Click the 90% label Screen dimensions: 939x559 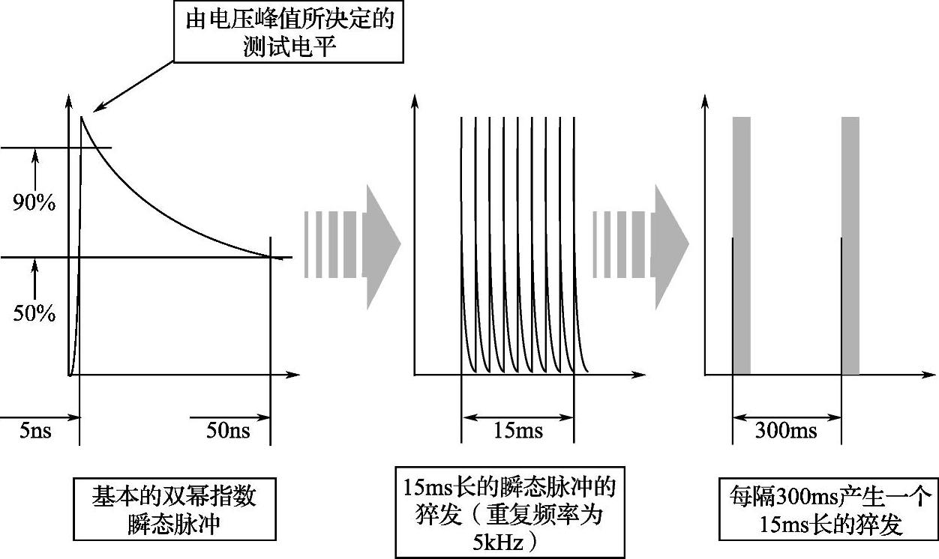pyautogui.click(x=34, y=202)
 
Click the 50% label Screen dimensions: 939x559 pyautogui.click(x=34, y=313)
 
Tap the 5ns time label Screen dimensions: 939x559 pyautogui.click(x=35, y=431)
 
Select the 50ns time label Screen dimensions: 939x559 pyautogui.click(x=228, y=431)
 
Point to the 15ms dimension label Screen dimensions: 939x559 pyautogui.click(x=517, y=431)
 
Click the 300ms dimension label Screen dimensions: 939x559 pyautogui.click(x=786, y=431)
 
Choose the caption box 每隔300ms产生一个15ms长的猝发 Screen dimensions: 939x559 pyautogui.click(x=829, y=510)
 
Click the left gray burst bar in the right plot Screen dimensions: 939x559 pyautogui.click(x=741, y=245)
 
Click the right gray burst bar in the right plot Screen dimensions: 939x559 pyautogui.click(x=850, y=245)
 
